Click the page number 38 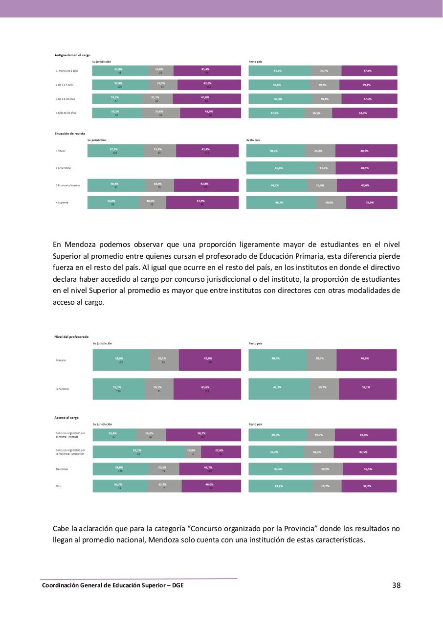tap(396, 585)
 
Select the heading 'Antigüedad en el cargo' tap(72, 55)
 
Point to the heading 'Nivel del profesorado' tap(71, 337)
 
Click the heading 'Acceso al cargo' tap(66, 418)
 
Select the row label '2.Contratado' tap(64, 168)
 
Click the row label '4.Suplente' tap(62, 202)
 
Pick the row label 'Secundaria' tap(63, 389)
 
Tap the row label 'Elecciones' tap(62, 469)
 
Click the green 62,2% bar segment tap(139, 452)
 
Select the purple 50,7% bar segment tap(203, 435)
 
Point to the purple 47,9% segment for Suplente tap(202, 202)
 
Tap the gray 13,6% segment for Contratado tap(324, 168)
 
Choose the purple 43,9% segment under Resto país tap(364, 112)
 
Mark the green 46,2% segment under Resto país tap(281, 202)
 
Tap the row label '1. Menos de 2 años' tap(68, 71)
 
